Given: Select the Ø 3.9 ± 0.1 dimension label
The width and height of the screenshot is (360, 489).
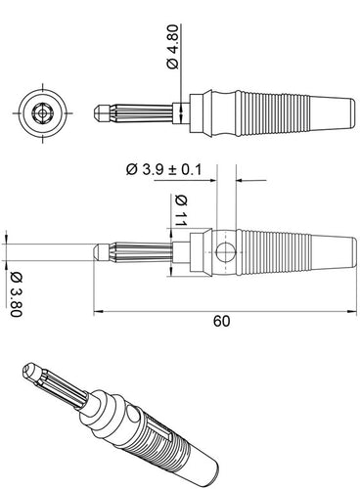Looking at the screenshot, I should (164, 169).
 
